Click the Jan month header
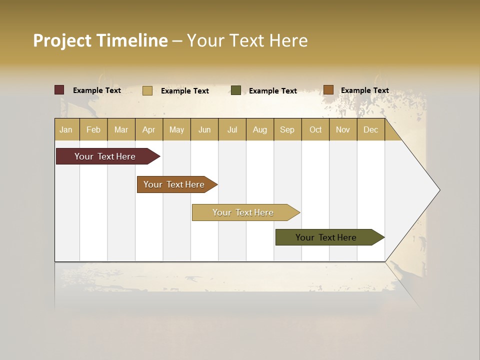point(66,129)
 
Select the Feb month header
point(93,129)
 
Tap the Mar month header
point(121,129)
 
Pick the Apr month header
point(149,129)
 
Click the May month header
point(176,129)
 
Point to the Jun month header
point(204,129)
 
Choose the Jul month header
point(232,129)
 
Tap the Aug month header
point(260,129)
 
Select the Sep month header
point(287,129)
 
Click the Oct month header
point(315,129)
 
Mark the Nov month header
point(343,129)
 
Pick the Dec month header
point(371,129)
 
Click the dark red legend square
point(59,90)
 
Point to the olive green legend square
point(236,90)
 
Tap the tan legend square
point(147,90)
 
